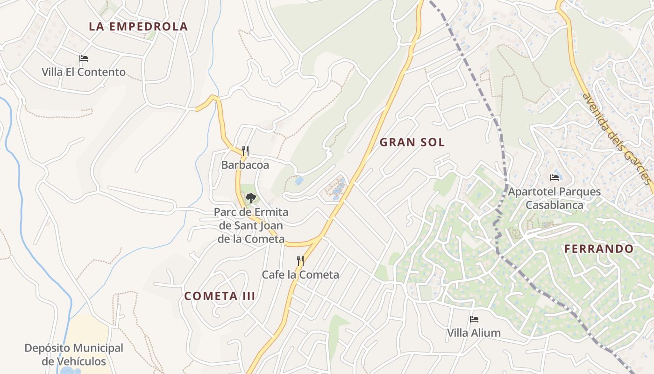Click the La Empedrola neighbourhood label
(x=138, y=27)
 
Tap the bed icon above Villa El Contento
(x=84, y=58)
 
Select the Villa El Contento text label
(x=84, y=72)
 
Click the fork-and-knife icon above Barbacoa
(x=245, y=151)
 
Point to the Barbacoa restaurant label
(x=245, y=165)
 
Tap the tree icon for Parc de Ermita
(x=251, y=198)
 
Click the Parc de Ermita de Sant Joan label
(x=251, y=225)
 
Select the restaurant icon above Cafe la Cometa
(x=300, y=260)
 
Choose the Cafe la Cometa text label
(x=300, y=274)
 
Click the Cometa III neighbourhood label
(x=220, y=296)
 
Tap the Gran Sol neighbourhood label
(x=412, y=142)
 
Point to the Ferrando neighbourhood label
(x=599, y=249)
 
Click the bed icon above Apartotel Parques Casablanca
(x=554, y=178)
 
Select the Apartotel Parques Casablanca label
(x=554, y=198)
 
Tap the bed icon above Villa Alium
(x=474, y=319)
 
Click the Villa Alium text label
(x=474, y=333)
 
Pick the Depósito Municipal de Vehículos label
(x=74, y=354)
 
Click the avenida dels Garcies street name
(x=617, y=138)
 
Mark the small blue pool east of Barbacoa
(x=299, y=180)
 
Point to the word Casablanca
(x=554, y=205)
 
